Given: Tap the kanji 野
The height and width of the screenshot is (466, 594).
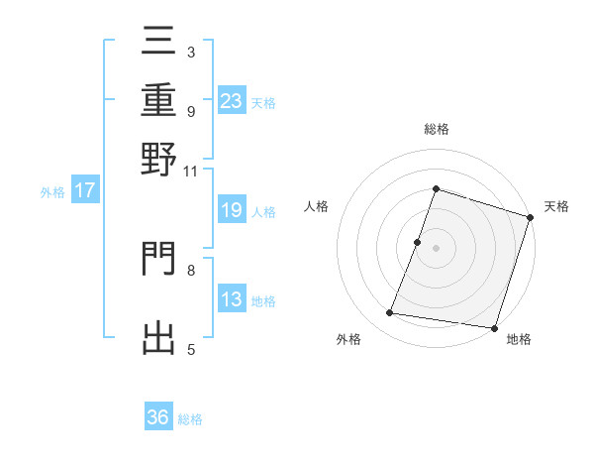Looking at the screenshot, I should (x=159, y=160).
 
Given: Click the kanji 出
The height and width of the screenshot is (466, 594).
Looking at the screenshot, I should (x=159, y=336).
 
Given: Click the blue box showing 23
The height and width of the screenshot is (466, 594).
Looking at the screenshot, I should (x=232, y=100).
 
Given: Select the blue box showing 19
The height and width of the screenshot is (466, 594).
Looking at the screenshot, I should (x=232, y=210).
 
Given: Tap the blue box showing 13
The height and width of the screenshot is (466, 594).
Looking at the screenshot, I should (x=232, y=299).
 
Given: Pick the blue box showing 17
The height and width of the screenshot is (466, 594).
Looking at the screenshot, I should (x=84, y=190).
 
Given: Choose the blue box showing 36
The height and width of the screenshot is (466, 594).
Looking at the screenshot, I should (x=158, y=417).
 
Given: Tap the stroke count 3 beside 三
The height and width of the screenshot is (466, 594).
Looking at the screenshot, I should (x=191, y=52).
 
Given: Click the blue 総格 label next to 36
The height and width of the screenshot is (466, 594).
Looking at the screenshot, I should (x=190, y=419).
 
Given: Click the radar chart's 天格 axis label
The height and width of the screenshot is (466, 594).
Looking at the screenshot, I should (x=556, y=206).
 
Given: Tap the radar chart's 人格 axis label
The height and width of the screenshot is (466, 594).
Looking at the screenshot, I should (x=317, y=206).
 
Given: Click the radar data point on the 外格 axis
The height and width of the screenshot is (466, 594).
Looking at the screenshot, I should (x=390, y=313).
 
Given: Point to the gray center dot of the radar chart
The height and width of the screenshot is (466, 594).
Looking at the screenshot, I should (x=436, y=247).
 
